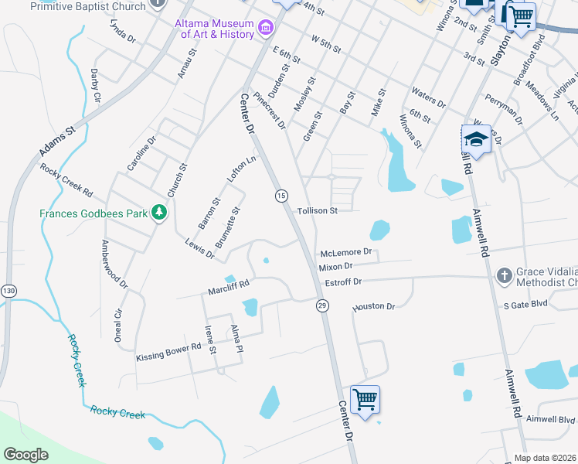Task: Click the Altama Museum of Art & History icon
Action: (266, 29)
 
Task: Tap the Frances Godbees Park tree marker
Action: (159, 212)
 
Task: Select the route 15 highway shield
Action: (281, 196)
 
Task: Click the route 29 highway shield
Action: (321, 306)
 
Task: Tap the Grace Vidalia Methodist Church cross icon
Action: (503, 275)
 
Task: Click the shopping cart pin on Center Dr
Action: (365, 399)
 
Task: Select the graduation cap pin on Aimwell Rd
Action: (477, 140)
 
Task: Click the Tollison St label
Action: (318, 210)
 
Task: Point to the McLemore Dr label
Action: (345, 252)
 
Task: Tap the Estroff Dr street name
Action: (343, 282)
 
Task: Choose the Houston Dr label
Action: (374, 307)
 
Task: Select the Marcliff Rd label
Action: (229, 288)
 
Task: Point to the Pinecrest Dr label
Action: (270, 112)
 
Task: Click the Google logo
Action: (25, 455)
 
